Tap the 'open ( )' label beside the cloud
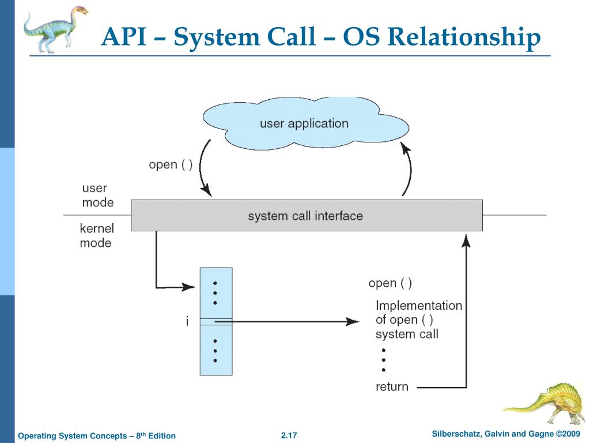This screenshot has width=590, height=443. (x=171, y=164)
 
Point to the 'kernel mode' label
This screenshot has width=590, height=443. (x=96, y=235)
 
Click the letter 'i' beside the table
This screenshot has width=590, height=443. (x=187, y=322)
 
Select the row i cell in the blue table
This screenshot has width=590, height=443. (x=216, y=322)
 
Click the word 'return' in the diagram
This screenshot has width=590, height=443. (x=392, y=386)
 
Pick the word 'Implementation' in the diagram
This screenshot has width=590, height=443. (x=419, y=305)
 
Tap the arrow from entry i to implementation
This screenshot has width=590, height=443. (x=288, y=321)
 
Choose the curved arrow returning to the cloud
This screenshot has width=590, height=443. (x=409, y=170)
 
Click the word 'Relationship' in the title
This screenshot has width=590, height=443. (x=464, y=37)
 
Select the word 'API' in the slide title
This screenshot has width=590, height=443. (x=124, y=37)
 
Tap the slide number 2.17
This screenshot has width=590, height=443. (x=289, y=435)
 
